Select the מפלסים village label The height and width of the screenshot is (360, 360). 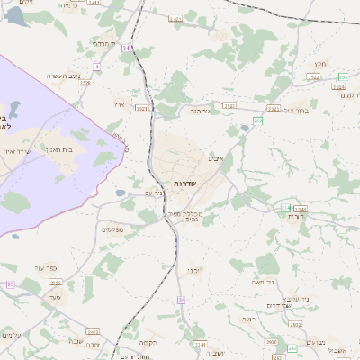(x=111, y=229)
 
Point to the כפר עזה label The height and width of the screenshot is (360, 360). (x=47, y=267)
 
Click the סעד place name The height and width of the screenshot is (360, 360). (x=56, y=295)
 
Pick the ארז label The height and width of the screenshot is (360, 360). (x=119, y=105)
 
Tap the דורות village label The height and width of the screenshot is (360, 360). (x=299, y=216)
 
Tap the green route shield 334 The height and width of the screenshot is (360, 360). (x=285, y=208)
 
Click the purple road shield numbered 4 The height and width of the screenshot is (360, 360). (x=96, y=66)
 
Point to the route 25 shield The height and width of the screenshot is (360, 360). (x=11, y=284)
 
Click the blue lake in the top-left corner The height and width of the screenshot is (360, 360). (x=16, y=15)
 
